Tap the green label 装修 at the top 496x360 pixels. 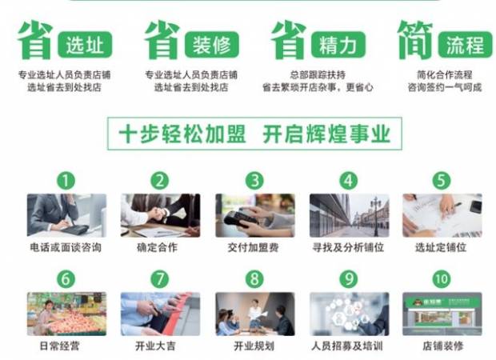coord(212,44)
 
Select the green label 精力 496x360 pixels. coord(338,44)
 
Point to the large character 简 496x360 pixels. coord(414,40)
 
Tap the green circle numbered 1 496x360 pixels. coord(66,180)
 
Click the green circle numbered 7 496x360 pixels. coord(160,279)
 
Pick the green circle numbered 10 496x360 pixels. coord(442,279)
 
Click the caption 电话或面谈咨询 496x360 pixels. coord(66,247)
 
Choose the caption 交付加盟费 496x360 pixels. coord(254,247)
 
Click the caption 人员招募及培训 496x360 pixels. coord(348,346)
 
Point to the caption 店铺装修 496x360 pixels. coord(442,346)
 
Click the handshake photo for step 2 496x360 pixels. coord(160,215)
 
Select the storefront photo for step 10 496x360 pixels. coord(442,314)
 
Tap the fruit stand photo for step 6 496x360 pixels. coord(66,314)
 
